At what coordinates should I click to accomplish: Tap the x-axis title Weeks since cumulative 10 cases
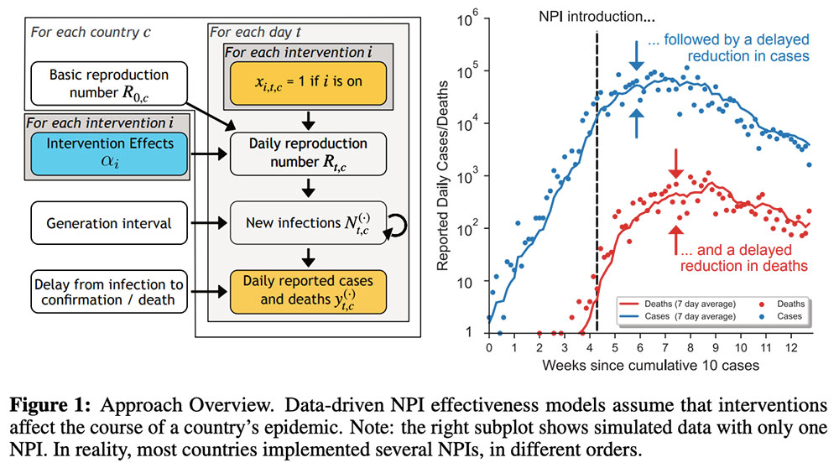649,366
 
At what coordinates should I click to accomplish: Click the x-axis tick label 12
791,346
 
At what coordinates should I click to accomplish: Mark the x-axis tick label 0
489,346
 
